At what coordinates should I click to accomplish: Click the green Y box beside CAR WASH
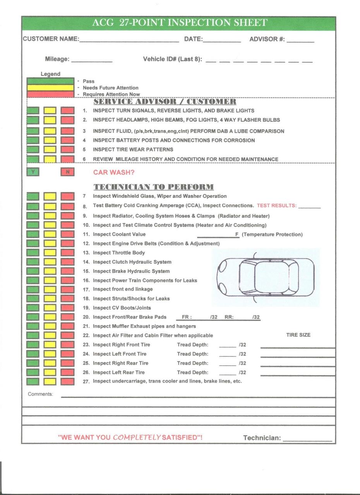pyautogui.click(x=33, y=172)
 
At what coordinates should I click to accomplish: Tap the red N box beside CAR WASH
pyautogui.click(x=67, y=172)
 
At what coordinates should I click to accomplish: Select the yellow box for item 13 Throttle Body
pyautogui.click(x=50, y=253)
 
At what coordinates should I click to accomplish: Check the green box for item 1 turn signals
pyautogui.click(x=33, y=111)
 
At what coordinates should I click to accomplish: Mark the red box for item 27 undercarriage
pyautogui.click(x=67, y=381)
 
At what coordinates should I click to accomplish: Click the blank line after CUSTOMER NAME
pyautogui.click(x=129, y=40)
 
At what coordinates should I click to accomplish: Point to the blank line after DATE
pyautogui.click(x=222, y=40)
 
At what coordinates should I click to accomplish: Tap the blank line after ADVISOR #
pyautogui.click(x=300, y=40)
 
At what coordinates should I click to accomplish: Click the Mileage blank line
pyautogui.click(x=92, y=61)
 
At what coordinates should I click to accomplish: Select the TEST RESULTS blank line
pyautogui.click(x=309, y=207)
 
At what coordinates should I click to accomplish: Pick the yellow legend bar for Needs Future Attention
pyautogui.click(x=50, y=88)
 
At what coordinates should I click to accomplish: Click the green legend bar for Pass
pyautogui.click(x=50, y=81)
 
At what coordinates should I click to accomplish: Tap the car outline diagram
pyautogui.click(x=266, y=277)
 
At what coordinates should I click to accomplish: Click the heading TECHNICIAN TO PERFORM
pyautogui.click(x=153, y=187)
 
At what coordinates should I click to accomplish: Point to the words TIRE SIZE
pyautogui.click(x=298, y=335)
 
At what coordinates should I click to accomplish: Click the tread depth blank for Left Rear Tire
pyautogui.click(x=227, y=374)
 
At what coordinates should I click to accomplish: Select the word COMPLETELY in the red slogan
pyautogui.click(x=136, y=437)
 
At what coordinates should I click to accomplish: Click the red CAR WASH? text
pyautogui.click(x=114, y=172)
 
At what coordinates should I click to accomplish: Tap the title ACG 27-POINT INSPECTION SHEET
pyautogui.click(x=180, y=23)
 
